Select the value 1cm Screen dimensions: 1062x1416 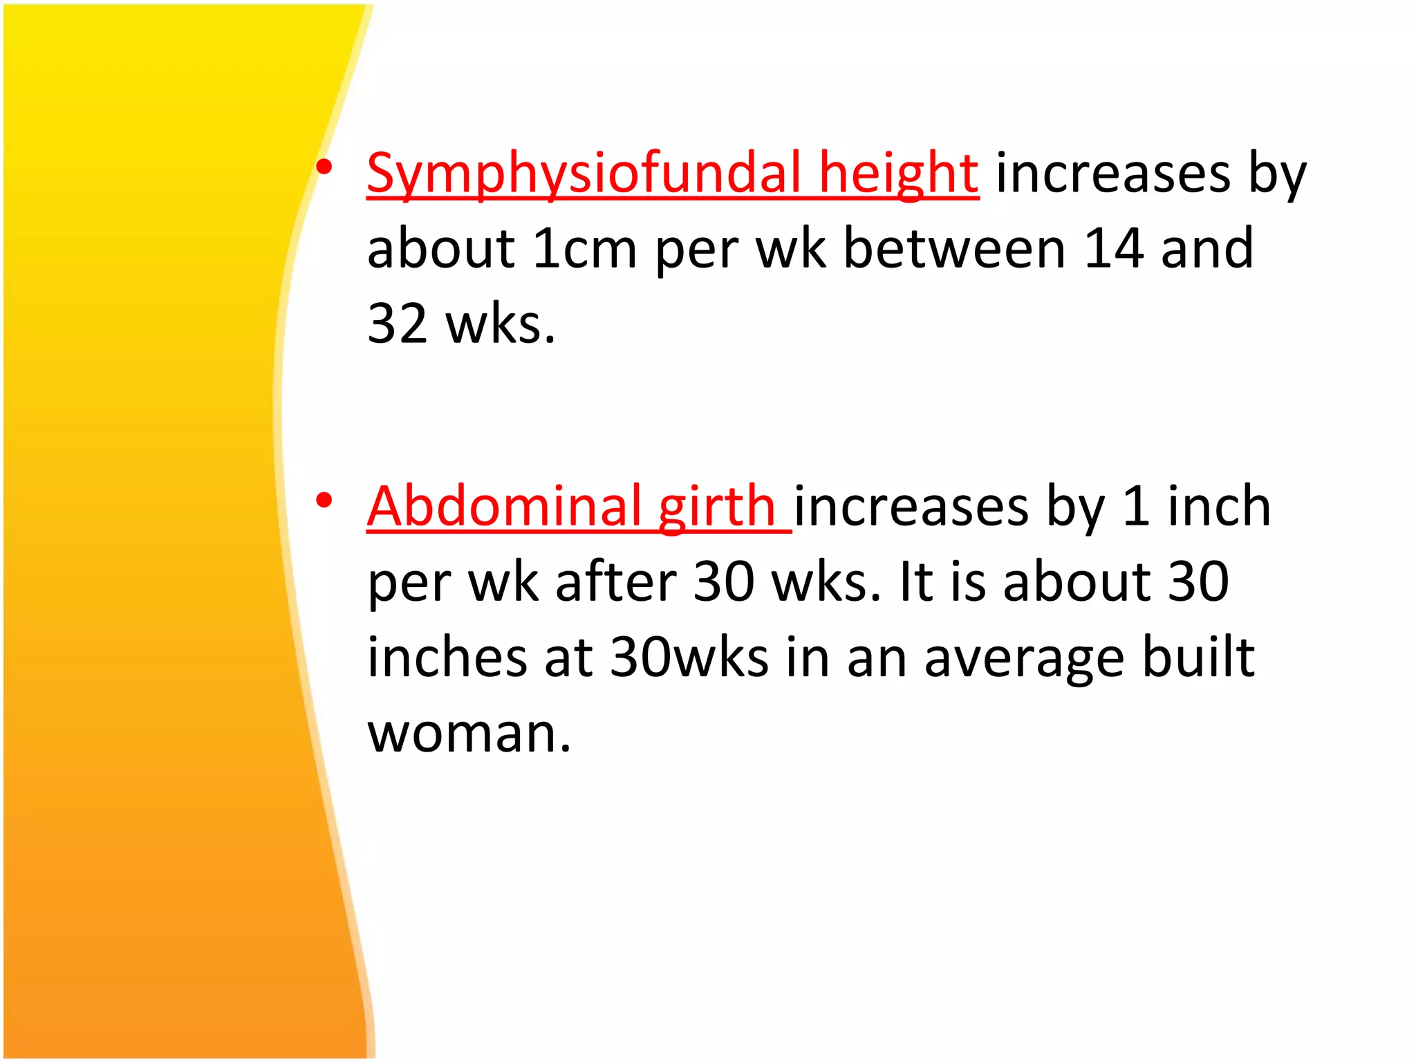[x=584, y=248]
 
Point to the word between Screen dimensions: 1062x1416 [x=954, y=248]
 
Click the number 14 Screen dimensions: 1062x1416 [x=1113, y=248]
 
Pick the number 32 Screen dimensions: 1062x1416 [x=398, y=324]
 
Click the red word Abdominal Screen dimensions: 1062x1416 [x=504, y=506]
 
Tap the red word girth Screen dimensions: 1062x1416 [x=716, y=506]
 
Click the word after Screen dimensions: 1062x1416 [x=616, y=581]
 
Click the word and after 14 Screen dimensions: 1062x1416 [x=1207, y=248]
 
